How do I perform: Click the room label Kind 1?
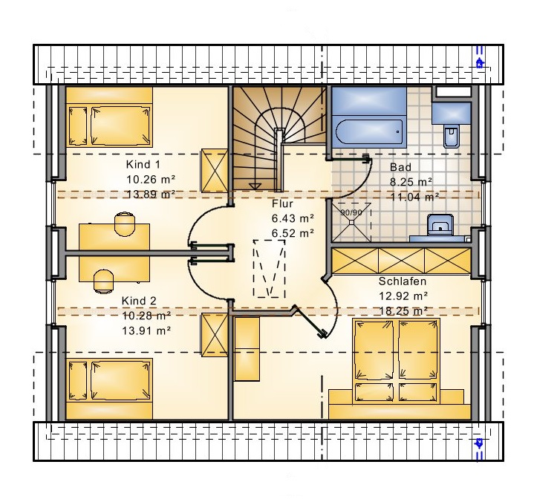[143, 165]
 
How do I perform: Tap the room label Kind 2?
[139, 301]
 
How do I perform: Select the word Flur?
[282, 203]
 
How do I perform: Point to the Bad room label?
[400, 167]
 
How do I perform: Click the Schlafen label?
[403, 281]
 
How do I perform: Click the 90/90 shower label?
[351, 212]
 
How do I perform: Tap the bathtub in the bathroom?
[369, 131]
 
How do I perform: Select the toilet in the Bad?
[452, 136]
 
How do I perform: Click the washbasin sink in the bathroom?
[440, 224]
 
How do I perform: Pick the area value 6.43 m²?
[293, 218]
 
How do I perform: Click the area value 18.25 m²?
[403, 311]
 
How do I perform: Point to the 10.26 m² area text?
[151, 179]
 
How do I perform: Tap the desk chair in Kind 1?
[125, 224]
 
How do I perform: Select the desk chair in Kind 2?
[103, 281]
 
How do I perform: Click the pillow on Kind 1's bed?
[78, 125]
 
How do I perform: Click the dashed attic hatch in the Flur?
[269, 269]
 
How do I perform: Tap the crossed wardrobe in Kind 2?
[215, 335]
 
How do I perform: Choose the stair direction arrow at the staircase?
[255, 186]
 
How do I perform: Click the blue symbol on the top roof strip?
[480, 63]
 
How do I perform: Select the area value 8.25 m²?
[411, 182]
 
